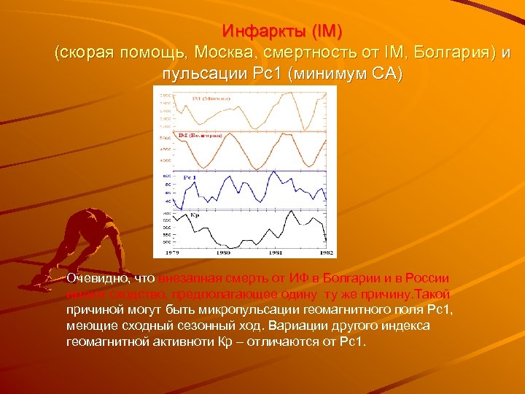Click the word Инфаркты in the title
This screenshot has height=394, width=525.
[x=264, y=32]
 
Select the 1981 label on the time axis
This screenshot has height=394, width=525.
[x=273, y=252]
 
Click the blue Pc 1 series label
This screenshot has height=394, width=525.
[x=189, y=177]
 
